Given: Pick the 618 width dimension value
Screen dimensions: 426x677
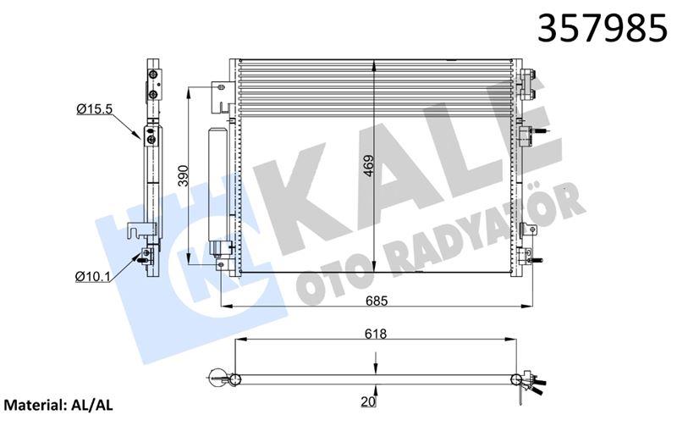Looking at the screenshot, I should point(377,335).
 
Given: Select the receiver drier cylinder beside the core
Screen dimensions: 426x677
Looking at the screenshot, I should point(217,182).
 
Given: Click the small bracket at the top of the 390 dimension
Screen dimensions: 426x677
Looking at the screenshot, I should point(219,87).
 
